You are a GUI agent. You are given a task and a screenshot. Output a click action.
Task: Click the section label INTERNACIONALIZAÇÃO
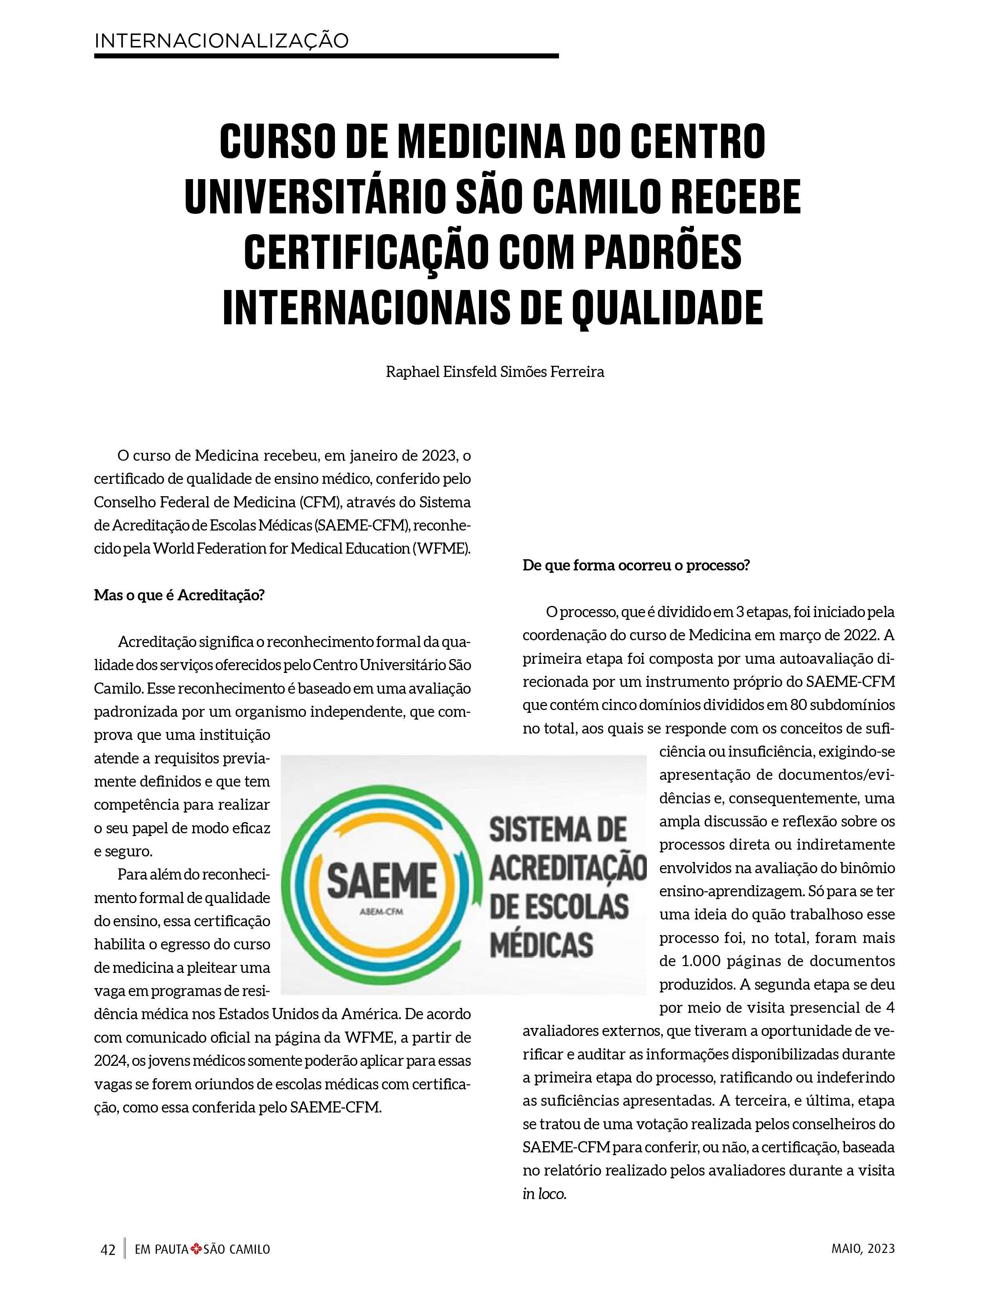pyautogui.click(x=221, y=41)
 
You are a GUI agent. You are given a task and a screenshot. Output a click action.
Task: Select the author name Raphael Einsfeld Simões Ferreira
pyautogui.click(x=494, y=372)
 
